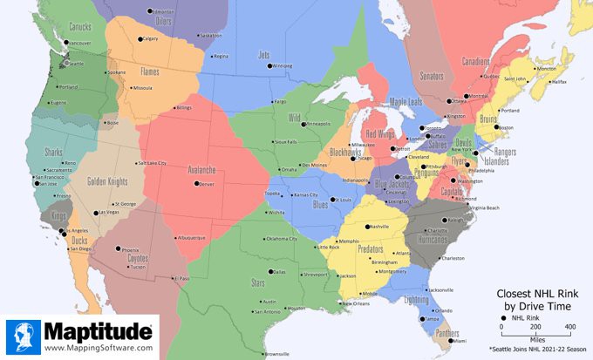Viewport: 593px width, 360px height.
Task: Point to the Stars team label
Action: tap(258, 282)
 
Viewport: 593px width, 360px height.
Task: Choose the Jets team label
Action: tap(264, 55)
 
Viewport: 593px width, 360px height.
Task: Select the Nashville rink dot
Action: tap(367, 227)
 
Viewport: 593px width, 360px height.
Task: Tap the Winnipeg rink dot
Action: tap(269, 66)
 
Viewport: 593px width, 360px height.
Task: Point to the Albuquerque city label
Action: tap(190, 238)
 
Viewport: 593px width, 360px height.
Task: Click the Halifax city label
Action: tap(559, 82)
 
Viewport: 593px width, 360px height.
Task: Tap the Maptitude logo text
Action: tap(97, 332)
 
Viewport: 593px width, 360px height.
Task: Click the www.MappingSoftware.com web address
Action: tap(97, 349)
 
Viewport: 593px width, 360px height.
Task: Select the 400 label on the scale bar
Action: tap(569, 326)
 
